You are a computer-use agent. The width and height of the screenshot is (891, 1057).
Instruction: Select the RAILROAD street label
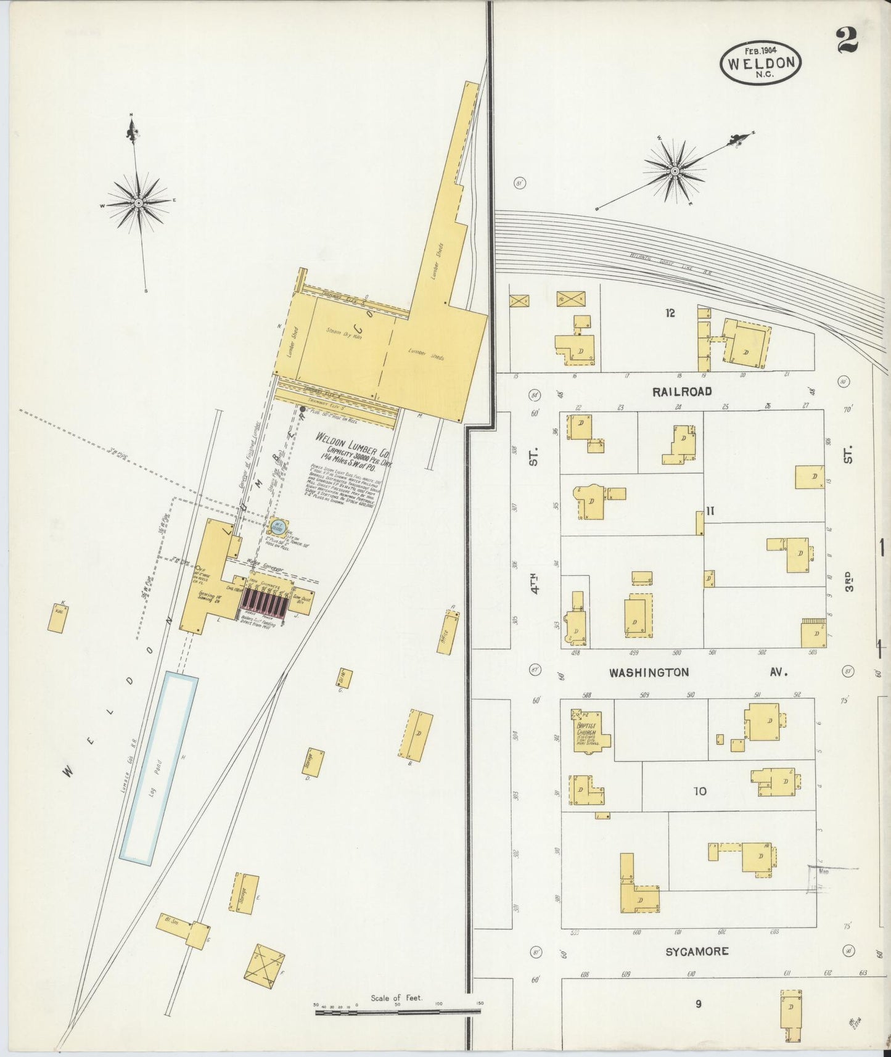(x=682, y=392)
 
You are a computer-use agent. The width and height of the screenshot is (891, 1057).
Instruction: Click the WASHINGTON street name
(x=649, y=673)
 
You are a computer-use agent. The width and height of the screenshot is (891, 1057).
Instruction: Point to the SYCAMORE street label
(x=697, y=952)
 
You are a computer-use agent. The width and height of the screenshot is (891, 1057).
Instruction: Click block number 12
(x=670, y=313)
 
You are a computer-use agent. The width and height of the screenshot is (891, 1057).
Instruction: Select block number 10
(x=700, y=791)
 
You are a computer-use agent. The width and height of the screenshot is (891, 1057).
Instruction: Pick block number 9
(x=698, y=1004)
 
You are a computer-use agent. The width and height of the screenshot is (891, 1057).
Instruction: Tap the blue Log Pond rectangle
(x=159, y=768)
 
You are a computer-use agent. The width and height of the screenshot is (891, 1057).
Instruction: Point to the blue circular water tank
(x=277, y=528)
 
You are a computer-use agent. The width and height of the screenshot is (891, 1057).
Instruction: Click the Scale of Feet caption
(x=396, y=998)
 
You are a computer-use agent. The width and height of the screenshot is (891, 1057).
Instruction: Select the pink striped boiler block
(x=265, y=603)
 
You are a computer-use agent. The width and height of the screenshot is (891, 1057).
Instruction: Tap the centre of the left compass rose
(x=139, y=202)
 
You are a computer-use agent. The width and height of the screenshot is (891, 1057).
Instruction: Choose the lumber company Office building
(x=448, y=632)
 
